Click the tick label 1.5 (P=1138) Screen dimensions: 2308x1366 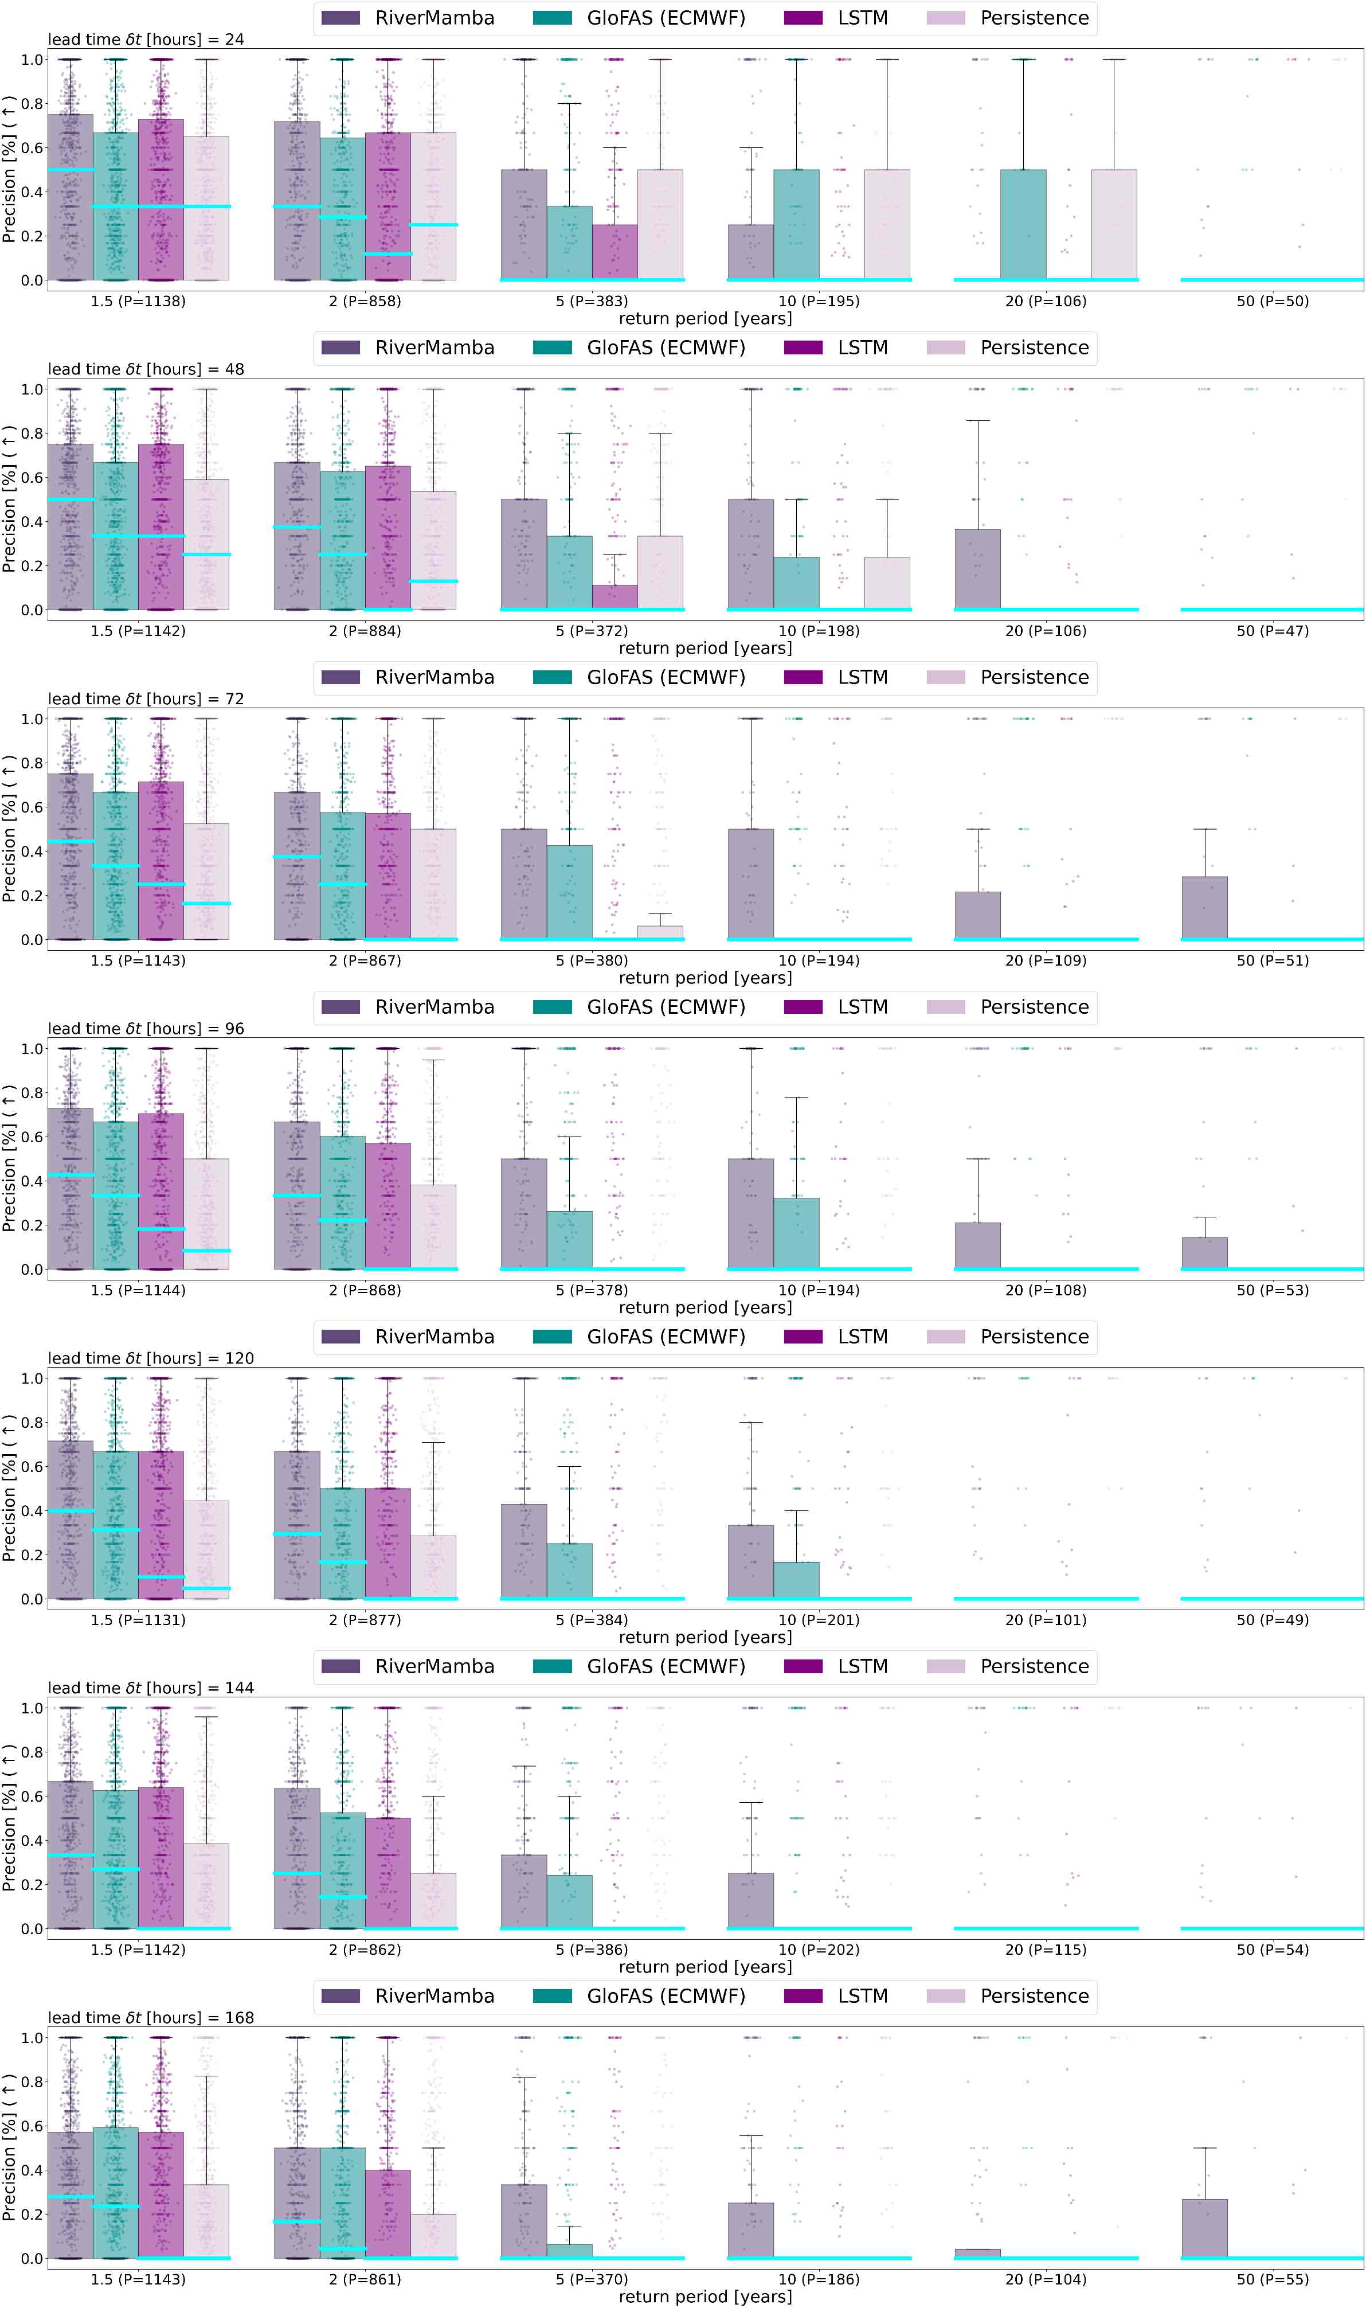pyautogui.click(x=138, y=301)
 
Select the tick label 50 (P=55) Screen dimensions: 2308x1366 pyautogui.click(x=1272, y=2279)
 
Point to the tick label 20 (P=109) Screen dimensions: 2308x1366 pyautogui.click(x=1046, y=960)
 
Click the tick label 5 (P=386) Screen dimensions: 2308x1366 pyautogui.click(x=592, y=1949)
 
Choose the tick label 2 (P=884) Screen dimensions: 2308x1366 pyautogui.click(x=365, y=631)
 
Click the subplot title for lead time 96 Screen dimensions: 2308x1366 pyautogui.click(x=146, y=1028)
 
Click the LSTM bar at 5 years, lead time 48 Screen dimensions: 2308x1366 pyautogui.click(x=615, y=596)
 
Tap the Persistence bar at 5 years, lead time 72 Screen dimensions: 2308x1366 pyautogui.click(x=660, y=932)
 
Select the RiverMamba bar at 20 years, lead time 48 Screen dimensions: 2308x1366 pyautogui.click(x=977, y=569)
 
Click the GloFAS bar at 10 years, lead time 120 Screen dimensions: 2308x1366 pyautogui.click(x=796, y=1579)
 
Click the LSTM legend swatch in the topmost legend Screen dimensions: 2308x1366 pyautogui.click(x=803, y=18)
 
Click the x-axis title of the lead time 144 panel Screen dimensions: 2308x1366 pyautogui.click(x=705, y=1966)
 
